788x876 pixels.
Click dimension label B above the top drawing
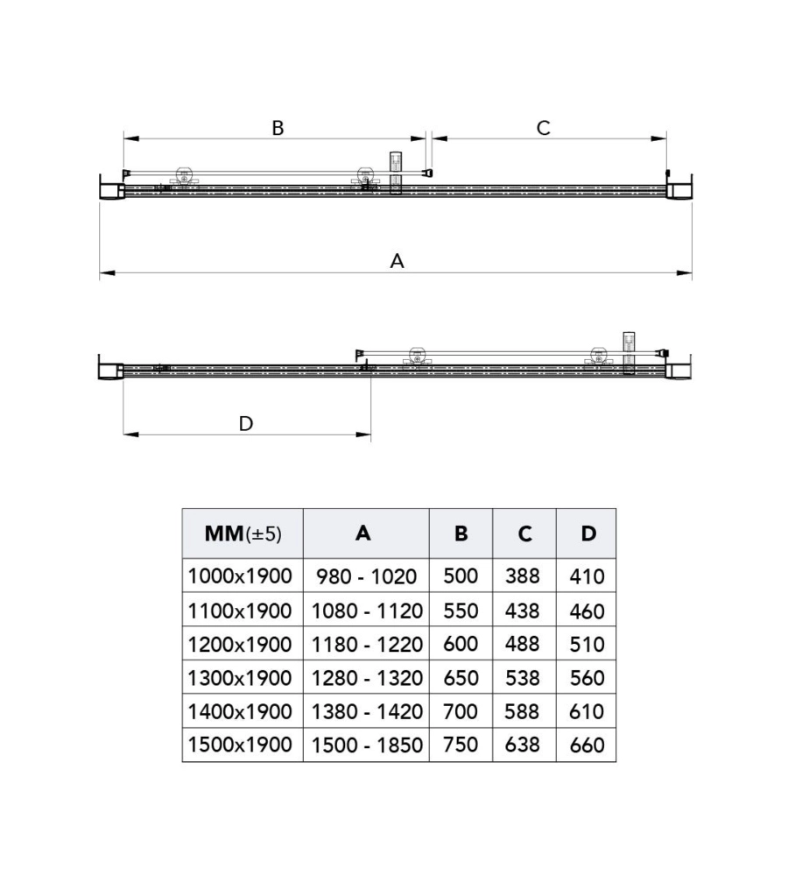[278, 128]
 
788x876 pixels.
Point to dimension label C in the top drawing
[543, 128]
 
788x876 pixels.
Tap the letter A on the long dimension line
[397, 261]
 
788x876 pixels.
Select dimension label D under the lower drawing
[246, 423]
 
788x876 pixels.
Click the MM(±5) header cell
[243, 533]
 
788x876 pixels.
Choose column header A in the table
[363, 533]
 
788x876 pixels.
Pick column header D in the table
[588, 533]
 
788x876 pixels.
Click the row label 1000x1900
[240, 576]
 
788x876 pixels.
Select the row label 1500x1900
[240, 745]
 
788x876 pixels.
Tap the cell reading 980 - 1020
[366, 576]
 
